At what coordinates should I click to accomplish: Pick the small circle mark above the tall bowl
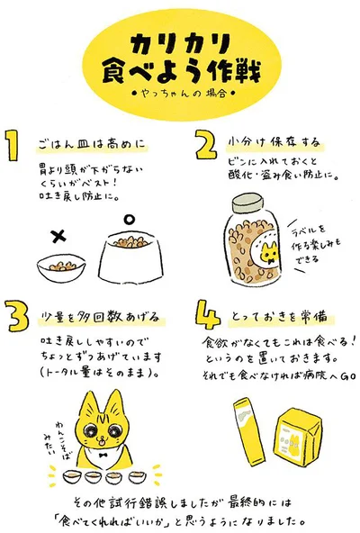[x=128, y=218]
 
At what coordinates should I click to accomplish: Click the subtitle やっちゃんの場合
[x=181, y=92]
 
